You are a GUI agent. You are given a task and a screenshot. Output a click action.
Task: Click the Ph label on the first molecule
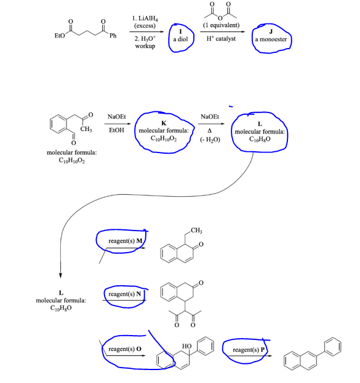click(x=112, y=36)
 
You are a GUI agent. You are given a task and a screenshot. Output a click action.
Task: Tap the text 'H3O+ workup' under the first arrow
click(x=145, y=42)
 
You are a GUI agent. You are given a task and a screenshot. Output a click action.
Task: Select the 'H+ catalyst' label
click(x=221, y=39)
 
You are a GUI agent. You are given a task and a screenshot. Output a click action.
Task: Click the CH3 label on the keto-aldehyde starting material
click(x=86, y=128)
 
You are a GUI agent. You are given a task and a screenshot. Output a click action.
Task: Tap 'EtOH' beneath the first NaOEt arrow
click(x=116, y=130)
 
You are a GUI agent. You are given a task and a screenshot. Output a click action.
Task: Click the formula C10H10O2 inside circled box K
click(x=164, y=138)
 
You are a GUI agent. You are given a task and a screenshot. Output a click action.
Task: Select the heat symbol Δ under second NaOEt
click(x=210, y=130)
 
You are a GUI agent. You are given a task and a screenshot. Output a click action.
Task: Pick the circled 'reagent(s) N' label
click(x=125, y=295)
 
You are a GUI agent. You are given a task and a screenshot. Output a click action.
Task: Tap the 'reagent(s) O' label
click(x=125, y=349)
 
